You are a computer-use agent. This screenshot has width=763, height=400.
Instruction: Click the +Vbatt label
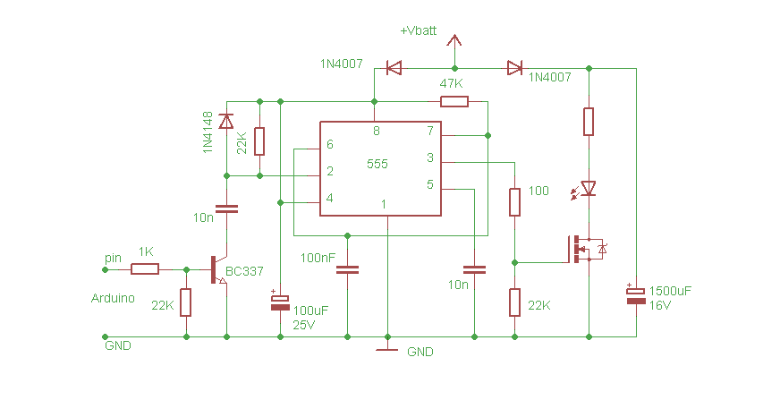(x=420, y=30)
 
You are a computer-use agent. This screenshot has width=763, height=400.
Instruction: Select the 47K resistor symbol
(x=454, y=101)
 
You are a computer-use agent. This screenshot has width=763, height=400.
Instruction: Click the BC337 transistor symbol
(x=219, y=269)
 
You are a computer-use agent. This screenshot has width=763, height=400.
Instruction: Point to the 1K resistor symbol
(x=145, y=268)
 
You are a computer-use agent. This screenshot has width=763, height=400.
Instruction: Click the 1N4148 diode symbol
(x=226, y=120)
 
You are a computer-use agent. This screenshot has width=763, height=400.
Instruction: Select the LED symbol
(x=588, y=189)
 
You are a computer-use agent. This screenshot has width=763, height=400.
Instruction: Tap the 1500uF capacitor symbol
(x=636, y=295)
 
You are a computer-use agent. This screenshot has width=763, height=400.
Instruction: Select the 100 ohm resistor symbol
(x=514, y=201)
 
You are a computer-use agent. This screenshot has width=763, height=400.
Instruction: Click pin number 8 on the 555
(x=376, y=131)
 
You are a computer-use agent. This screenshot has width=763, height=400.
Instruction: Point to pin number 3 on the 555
(x=429, y=157)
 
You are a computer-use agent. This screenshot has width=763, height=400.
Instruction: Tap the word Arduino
(x=114, y=298)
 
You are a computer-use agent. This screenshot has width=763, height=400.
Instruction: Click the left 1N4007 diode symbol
(x=393, y=67)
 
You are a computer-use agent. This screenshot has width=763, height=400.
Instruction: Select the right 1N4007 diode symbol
(x=514, y=67)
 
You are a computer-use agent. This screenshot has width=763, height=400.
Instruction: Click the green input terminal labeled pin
(x=104, y=268)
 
